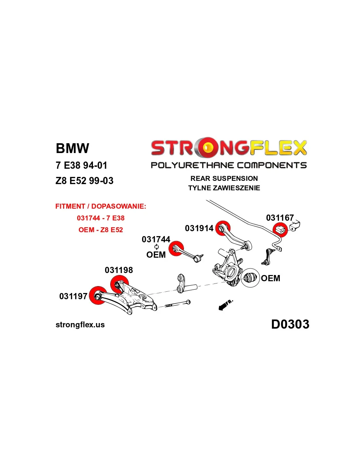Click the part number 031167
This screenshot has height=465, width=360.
(x=280, y=218)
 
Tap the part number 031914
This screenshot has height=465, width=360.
(x=199, y=228)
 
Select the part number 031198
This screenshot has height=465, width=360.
(x=119, y=270)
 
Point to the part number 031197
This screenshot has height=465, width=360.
(x=73, y=296)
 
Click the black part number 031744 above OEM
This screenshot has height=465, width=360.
(x=156, y=239)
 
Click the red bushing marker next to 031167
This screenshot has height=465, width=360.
(x=280, y=229)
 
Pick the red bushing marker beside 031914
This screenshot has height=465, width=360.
(x=223, y=228)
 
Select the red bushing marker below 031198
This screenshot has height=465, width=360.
(x=119, y=284)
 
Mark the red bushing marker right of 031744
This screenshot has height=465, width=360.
(x=176, y=249)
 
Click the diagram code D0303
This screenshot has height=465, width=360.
(x=290, y=324)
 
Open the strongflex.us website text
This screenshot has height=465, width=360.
(x=80, y=325)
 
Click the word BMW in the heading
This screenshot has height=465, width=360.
(x=72, y=148)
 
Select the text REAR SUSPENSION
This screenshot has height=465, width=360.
(x=224, y=179)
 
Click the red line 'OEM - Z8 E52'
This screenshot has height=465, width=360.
(x=101, y=230)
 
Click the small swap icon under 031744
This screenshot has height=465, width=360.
(x=156, y=247)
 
